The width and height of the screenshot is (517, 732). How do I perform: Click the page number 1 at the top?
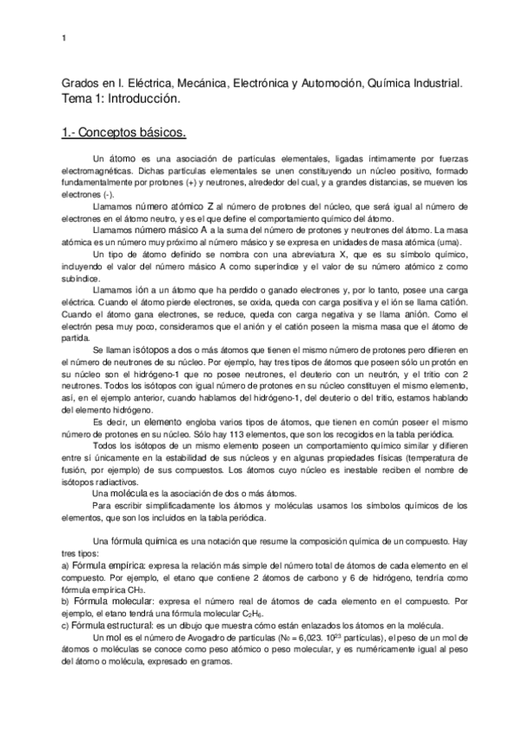65,39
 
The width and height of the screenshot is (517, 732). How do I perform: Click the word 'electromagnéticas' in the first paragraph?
98,171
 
